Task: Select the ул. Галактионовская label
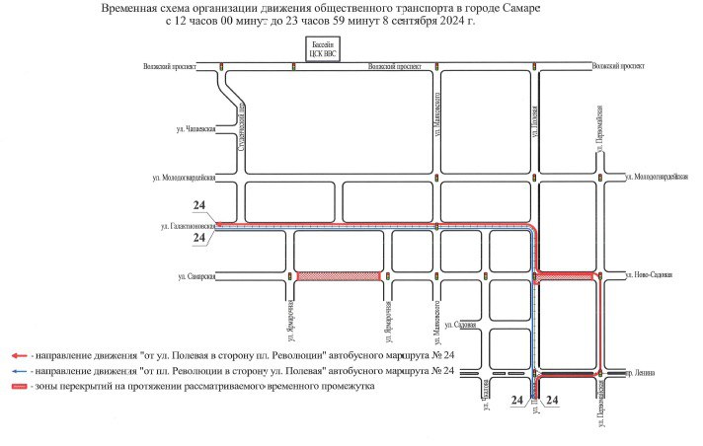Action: pyautogui.click(x=188, y=226)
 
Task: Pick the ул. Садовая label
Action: pyautogui.click(x=462, y=325)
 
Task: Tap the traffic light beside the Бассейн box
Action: pyautogui.click(x=293, y=67)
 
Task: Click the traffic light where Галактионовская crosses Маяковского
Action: pyautogui.click(x=436, y=227)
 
